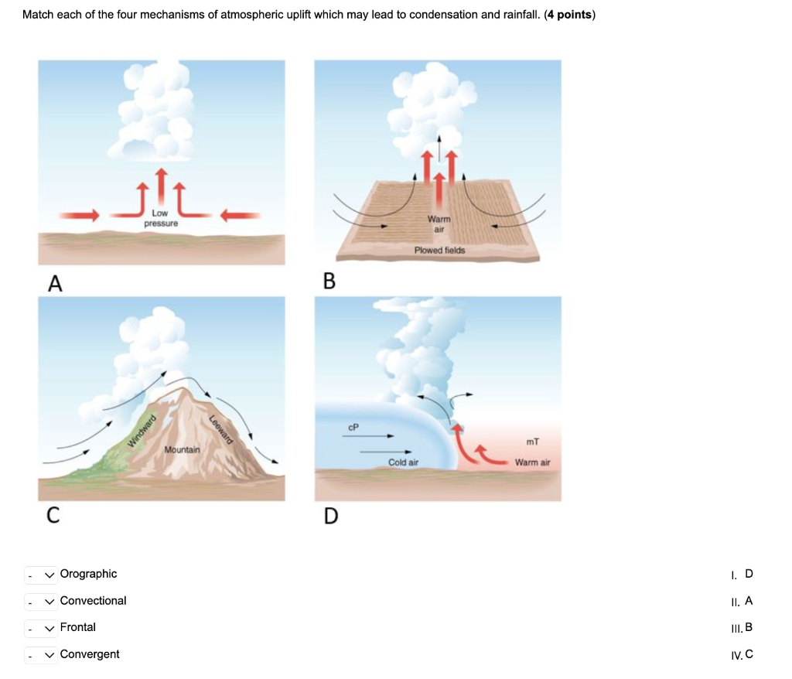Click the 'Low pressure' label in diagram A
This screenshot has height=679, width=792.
tap(161, 218)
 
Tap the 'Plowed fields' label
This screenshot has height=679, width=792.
tap(439, 251)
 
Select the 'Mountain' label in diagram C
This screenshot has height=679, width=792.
tap(182, 449)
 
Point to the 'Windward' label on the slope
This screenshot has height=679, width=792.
tap(142, 431)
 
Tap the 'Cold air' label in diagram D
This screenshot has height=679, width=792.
tap(403, 462)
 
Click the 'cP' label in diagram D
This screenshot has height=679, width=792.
tap(353, 426)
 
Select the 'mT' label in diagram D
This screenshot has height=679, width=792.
tap(532, 442)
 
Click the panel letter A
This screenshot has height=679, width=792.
tap(54, 284)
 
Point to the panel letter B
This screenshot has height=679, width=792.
tap(329, 281)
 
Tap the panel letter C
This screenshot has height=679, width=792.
tap(53, 515)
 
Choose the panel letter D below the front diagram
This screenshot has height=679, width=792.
tap(330, 515)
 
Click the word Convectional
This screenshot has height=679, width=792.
tap(93, 601)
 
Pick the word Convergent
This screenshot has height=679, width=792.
tap(90, 654)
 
